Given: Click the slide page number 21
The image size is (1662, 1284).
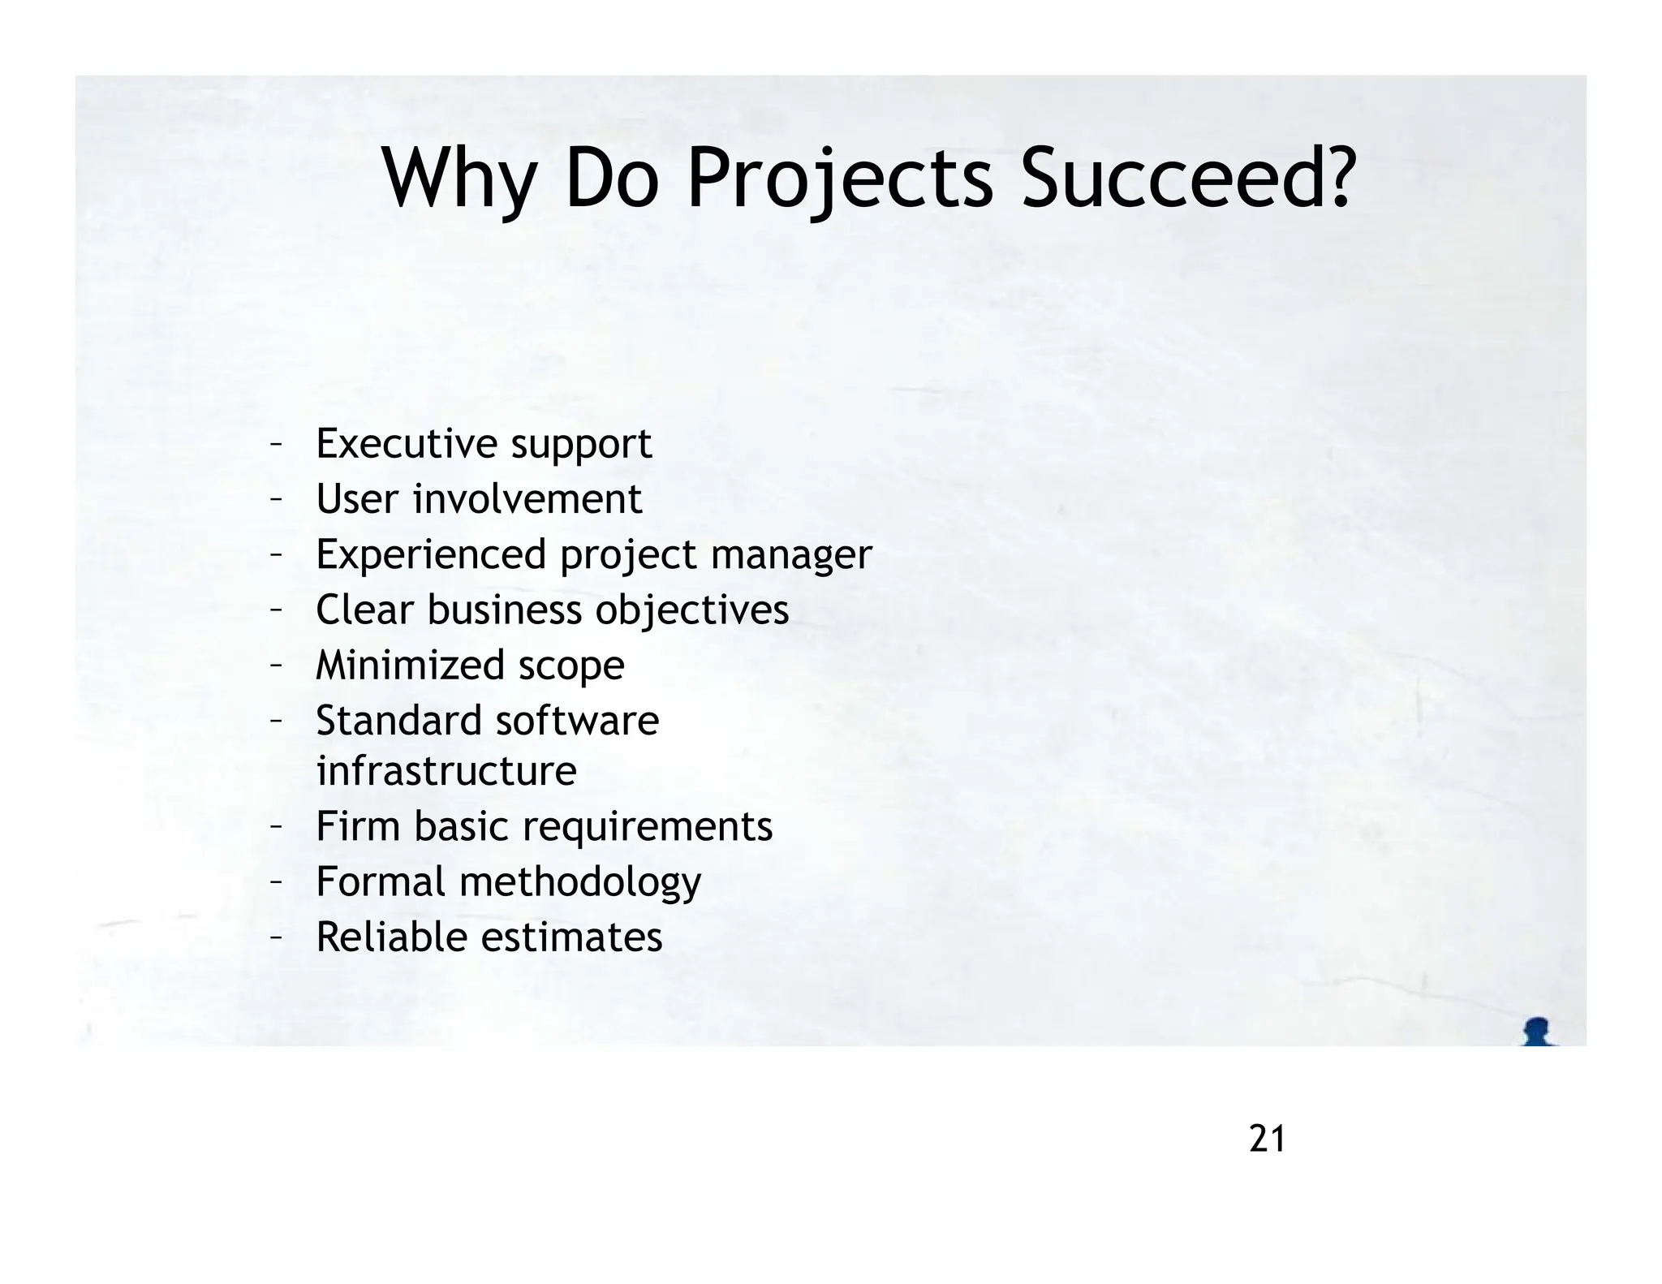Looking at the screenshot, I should (1267, 1140).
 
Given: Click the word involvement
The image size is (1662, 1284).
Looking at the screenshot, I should (527, 498).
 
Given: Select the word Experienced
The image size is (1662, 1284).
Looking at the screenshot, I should (431, 554).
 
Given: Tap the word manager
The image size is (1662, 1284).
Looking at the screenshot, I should (790, 556).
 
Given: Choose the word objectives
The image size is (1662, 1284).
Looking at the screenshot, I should (691, 610).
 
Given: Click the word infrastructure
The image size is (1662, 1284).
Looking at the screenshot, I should (446, 770).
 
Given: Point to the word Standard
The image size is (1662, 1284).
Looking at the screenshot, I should (398, 721).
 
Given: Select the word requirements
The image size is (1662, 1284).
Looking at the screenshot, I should (647, 827).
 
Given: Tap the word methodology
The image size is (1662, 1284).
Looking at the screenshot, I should (580, 882).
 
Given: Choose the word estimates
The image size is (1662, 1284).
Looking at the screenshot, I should (571, 937).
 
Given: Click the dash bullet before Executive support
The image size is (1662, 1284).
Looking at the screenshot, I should (276, 443).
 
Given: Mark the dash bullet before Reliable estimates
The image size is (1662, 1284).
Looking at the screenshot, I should (276, 937).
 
